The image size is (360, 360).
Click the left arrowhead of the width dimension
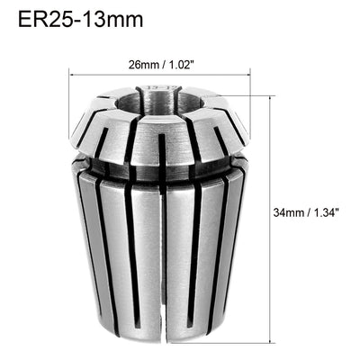71,75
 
